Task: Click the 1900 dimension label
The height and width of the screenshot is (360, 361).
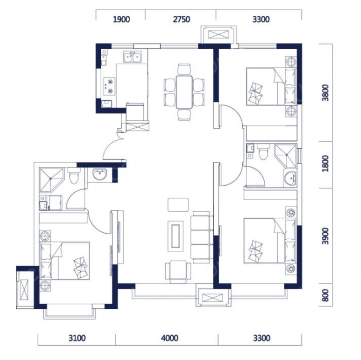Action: (x=121, y=20)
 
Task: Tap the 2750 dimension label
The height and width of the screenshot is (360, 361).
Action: (x=181, y=20)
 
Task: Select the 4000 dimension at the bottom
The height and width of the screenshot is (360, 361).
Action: (x=170, y=338)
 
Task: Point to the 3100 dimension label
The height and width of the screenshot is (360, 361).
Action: (x=77, y=338)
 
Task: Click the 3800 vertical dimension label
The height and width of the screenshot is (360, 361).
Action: (x=325, y=93)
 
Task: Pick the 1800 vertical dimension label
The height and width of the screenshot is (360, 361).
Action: (x=325, y=164)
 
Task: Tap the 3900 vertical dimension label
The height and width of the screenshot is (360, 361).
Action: (x=325, y=236)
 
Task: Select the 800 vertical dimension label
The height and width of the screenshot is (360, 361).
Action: (x=325, y=295)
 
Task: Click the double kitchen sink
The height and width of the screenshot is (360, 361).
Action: (x=132, y=57)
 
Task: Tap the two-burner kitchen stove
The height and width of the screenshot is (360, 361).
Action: (x=109, y=86)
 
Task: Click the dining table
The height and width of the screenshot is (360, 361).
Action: (x=184, y=92)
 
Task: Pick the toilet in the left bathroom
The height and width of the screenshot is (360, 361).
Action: (x=74, y=176)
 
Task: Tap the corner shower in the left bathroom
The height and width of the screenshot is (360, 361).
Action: (x=52, y=180)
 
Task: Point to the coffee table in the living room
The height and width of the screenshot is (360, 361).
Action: (x=176, y=236)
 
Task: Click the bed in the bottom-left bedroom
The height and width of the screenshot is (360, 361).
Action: (x=65, y=261)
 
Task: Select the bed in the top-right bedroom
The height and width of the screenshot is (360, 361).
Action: (x=271, y=86)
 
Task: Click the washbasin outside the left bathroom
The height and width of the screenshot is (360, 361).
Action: (x=100, y=174)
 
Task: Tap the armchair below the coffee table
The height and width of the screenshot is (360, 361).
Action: (x=178, y=272)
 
